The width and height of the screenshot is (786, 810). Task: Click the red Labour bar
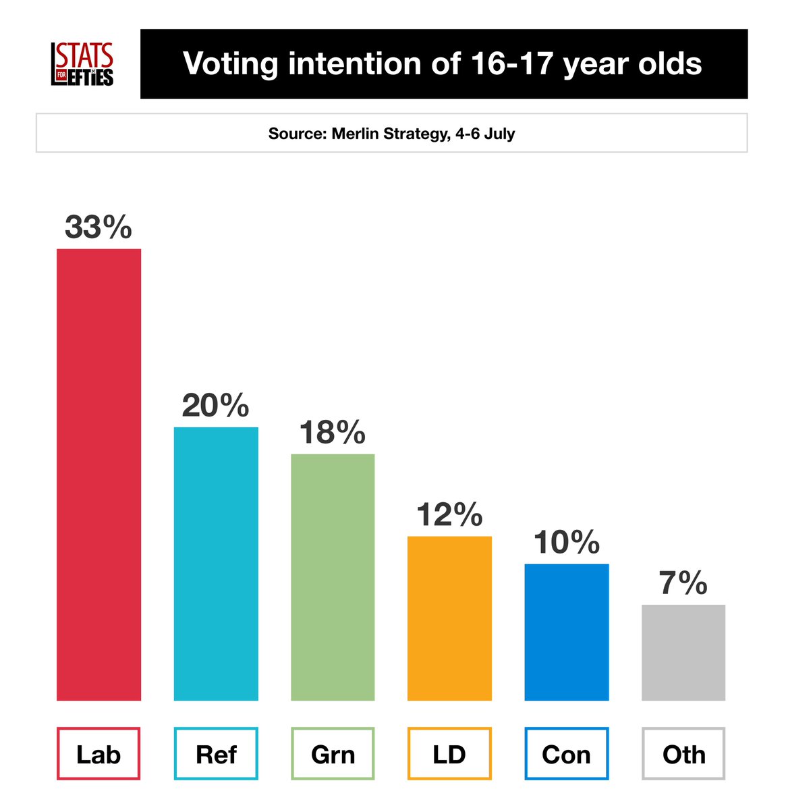click(99, 475)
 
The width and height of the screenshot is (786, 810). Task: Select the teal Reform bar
click(216, 564)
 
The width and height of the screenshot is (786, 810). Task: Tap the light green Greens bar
click(333, 577)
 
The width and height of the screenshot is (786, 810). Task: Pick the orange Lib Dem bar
click(449, 618)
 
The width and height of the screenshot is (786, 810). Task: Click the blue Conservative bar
click(567, 632)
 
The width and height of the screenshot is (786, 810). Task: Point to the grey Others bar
click(683, 652)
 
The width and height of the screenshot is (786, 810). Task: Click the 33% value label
click(99, 227)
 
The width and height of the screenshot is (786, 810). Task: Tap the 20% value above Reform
click(216, 406)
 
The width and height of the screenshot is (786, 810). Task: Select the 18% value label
click(333, 432)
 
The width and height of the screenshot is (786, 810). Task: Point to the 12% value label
click(449, 515)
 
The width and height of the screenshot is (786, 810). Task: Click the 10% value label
click(567, 543)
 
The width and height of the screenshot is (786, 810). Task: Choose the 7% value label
click(683, 583)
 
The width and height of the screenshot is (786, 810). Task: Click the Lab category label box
click(99, 754)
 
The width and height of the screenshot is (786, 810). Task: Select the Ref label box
click(216, 754)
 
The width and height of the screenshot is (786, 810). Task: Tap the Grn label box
click(333, 754)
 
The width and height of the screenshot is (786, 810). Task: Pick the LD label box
click(449, 754)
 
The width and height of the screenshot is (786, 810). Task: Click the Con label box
click(567, 754)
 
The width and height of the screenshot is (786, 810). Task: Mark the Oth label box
click(683, 754)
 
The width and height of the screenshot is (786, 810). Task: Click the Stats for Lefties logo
click(82, 65)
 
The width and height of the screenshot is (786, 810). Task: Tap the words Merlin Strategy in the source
click(389, 134)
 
